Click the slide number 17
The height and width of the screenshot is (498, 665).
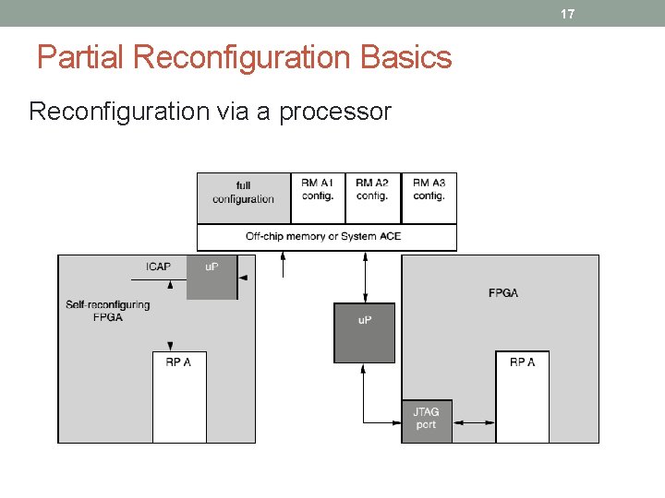pyautogui.click(x=568, y=14)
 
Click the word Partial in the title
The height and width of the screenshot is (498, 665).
pyautogui.click(x=81, y=58)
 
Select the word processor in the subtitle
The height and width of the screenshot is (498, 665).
pyautogui.click(x=335, y=113)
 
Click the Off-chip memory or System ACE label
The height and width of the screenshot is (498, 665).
pyautogui.click(x=323, y=237)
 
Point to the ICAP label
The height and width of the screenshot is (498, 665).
pyautogui.click(x=158, y=267)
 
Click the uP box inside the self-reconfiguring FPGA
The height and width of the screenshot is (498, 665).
pyautogui.click(x=212, y=277)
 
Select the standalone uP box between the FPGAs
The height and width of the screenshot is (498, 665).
pyautogui.click(x=364, y=332)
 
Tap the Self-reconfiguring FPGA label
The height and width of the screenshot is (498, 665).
pyautogui.click(x=108, y=311)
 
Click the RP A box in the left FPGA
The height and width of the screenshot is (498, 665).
pyautogui.click(x=179, y=397)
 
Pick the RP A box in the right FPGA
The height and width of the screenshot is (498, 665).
pyautogui.click(x=522, y=397)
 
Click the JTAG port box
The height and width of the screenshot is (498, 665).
pyautogui.click(x=426, y=421)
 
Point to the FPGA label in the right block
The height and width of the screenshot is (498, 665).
pyautogui.click(x=503, y=293)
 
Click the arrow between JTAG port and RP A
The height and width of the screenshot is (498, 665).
pyautogui.click(x=474, y=422)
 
